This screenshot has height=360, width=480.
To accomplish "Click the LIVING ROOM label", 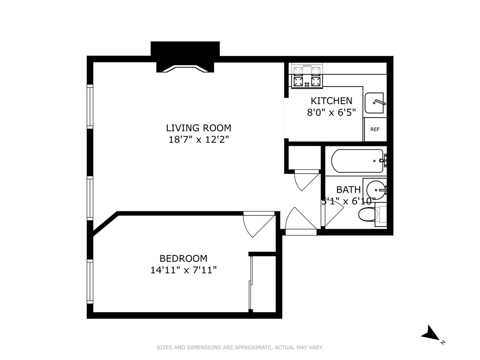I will point(198,128).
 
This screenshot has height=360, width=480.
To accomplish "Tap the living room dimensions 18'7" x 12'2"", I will point(198,139).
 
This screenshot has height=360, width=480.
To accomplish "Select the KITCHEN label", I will point(332,101).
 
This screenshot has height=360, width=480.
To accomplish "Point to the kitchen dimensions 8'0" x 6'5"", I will point(332,112).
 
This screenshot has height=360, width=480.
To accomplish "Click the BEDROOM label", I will point(183,258).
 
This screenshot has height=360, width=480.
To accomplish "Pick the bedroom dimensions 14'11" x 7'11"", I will point(183,270).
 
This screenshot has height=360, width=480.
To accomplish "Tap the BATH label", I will point(348,190).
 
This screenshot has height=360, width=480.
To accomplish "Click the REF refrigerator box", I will point(375,130).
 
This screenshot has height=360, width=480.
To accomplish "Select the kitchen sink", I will point(374,103).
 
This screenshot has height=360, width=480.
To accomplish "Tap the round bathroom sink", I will point(376,188).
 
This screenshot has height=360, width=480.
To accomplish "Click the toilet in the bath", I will point(366,215).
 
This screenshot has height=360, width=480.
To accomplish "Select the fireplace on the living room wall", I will point(185,58).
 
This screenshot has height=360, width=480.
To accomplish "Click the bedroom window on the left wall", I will point(90,281).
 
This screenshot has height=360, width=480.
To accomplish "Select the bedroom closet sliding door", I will point(251,283).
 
